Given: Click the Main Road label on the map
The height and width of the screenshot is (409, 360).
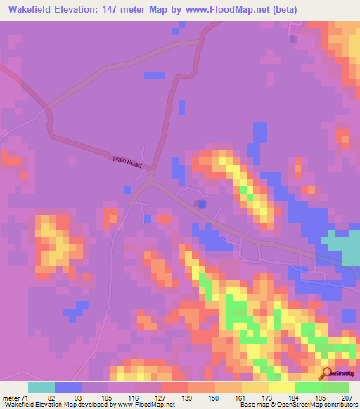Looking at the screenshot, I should (x=127, y=162).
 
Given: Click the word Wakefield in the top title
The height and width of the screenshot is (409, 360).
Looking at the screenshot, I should (x=30, y=10).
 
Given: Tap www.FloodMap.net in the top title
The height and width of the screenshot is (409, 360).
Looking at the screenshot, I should (x=220, y=10).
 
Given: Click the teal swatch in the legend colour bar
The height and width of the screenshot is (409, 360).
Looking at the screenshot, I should (x=41, y=387).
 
